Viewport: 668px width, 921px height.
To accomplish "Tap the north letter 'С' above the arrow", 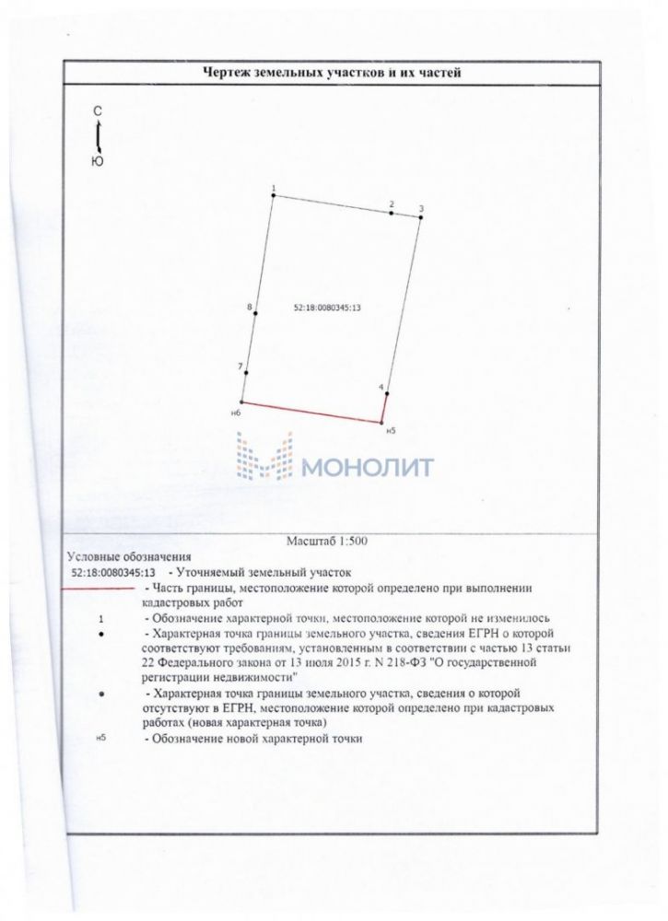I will [x=99, y=111].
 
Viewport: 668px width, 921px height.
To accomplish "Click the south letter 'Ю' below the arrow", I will [x=99, y=161].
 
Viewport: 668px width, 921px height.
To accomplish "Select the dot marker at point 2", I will [x=392, y=214].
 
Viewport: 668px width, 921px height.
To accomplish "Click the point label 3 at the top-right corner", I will [x=420, y=209].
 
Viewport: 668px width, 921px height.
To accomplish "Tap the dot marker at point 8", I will [x=255, y=314].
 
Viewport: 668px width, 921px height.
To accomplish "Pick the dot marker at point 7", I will [x=246, y=373].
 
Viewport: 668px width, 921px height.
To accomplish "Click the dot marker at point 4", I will [x=386, y=395].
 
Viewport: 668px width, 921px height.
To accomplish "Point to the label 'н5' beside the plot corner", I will [x=391, y=431].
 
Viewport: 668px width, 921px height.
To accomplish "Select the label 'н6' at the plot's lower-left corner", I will [x=236, y=414].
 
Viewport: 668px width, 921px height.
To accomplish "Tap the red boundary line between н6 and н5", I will [x=311, y=413].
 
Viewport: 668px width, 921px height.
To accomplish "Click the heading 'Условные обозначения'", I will [x=129, y=556].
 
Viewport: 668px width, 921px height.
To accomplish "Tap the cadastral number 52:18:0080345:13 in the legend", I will [x=114, y=572].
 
